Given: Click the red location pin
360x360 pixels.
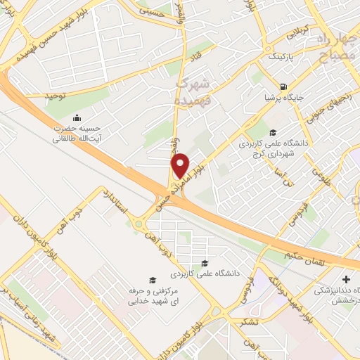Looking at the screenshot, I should (181, 165).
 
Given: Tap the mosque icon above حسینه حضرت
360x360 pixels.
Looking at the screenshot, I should (76, 117).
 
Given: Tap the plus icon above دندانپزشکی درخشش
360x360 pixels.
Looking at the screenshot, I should (345, 280).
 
